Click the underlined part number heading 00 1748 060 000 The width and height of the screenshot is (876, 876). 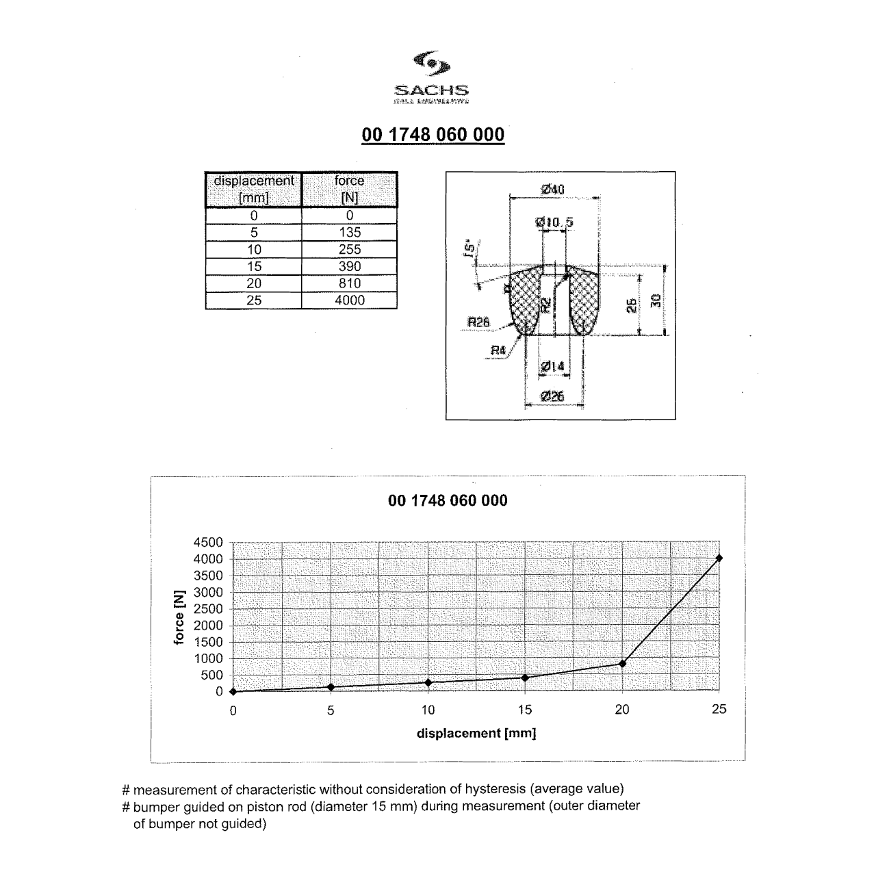(x=433, y=135)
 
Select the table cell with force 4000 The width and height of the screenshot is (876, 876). (x=350, y=300)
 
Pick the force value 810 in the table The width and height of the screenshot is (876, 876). (x=350, y=283)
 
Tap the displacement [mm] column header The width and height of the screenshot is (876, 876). (x=254, y=190)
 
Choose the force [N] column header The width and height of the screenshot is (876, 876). (x=350, y=190)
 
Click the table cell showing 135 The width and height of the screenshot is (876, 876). (x=350, y=233)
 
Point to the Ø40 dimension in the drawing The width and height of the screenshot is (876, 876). (x=553, y=190)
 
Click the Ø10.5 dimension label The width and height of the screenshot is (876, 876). (x=554, y=222)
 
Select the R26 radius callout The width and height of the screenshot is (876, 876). (x=478, y=322)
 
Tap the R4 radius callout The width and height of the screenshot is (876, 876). (x=498, y=351)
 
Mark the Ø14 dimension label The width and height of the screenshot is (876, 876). (x=553, y=367)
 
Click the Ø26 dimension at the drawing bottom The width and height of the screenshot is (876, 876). (x=553, y=396)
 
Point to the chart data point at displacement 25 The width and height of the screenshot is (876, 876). (x=719, y=558)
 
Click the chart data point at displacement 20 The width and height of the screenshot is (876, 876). (x=622, y=663)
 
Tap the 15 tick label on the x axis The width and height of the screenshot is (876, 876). (x=525, y=710)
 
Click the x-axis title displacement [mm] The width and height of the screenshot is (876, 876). (x=476, y=734)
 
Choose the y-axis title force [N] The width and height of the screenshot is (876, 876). (x=179, y=617)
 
